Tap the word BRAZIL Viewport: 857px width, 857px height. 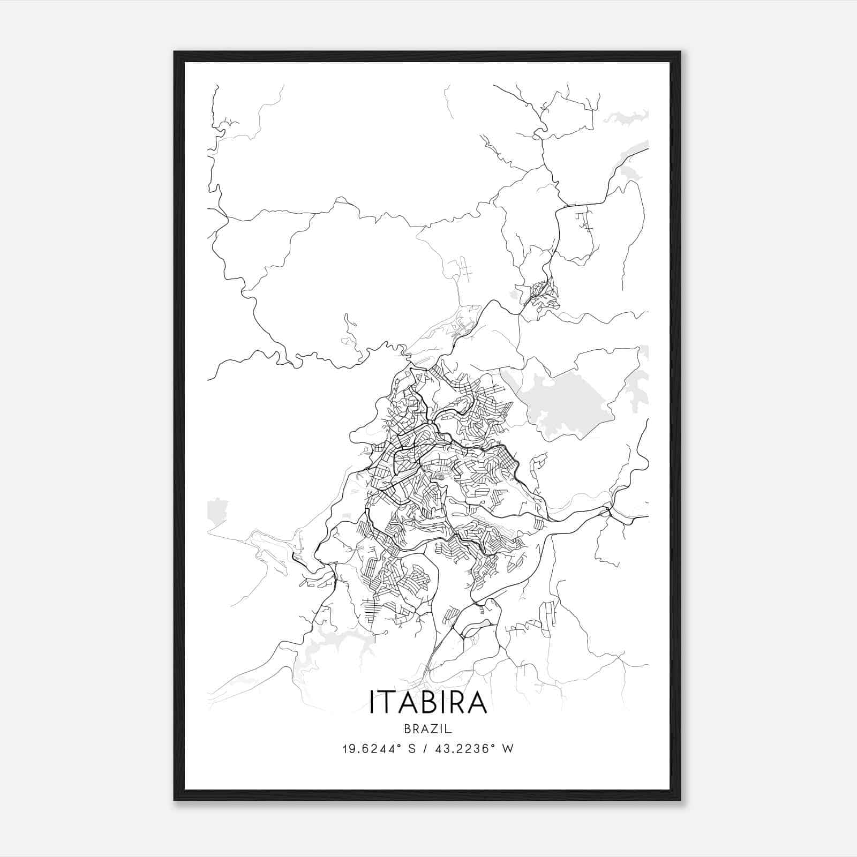coord(428,728)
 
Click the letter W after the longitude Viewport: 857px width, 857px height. coord(508,749)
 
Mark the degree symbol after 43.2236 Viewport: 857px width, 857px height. coord(494,746)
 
